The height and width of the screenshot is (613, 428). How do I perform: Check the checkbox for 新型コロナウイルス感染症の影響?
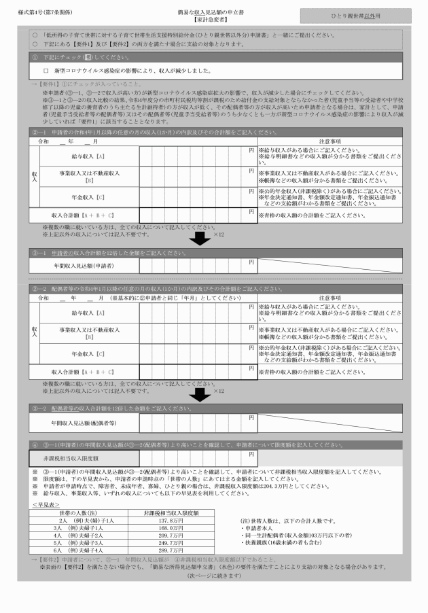[x=46, y=71]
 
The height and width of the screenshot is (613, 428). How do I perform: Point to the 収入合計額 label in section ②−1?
[x=82, y=215]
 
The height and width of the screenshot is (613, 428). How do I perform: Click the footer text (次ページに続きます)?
[x=214, y=576]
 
